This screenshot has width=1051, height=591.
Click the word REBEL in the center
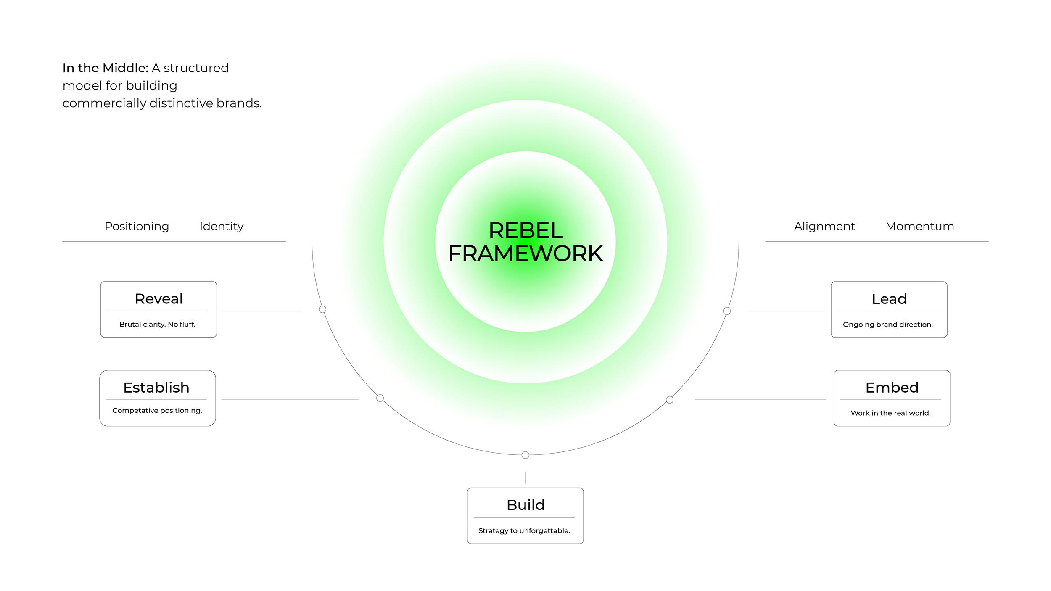(525, 230)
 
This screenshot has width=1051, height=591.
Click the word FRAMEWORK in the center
(525, 253)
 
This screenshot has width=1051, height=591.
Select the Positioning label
(137, 226)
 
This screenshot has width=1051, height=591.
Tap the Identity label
(222, 226)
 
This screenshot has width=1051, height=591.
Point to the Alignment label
(824, 226)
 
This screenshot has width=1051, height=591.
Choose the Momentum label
(919, 226)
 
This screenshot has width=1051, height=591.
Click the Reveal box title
(158, 299)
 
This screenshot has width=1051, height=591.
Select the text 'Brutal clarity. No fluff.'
(157, 324)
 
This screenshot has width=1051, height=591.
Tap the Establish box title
(156, 388)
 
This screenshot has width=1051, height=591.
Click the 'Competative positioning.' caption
(157, 410)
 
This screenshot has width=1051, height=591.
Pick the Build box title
(525, 505)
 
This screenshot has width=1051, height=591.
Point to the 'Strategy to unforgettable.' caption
(524, 530)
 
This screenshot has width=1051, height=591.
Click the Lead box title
(889, 299)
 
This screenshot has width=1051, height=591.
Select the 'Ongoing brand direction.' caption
(887, 325)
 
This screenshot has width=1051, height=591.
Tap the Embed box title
(892, 388)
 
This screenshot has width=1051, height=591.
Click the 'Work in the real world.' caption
(890, 413)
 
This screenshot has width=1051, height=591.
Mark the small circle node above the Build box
(525, 455)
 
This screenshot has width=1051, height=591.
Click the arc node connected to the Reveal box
(322, 309)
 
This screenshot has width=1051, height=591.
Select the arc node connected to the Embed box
(670, 400)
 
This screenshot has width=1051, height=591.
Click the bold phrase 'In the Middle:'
(105, 68)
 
